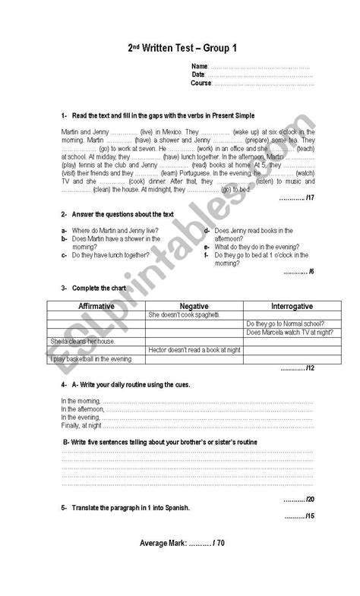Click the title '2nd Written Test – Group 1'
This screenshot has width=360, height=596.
tap(182, 48)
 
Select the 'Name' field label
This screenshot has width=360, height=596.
tap(199, 67)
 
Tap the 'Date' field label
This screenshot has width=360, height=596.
tap(197, 74)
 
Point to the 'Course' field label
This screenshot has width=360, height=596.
tap(201, 83)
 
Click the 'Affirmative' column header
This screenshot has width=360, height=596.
tap(96, 305)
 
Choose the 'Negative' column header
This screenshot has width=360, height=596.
tap(194, 305)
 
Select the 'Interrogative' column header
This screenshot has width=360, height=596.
tap(279, 305)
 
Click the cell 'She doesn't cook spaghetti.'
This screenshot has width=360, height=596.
tap(185, 314)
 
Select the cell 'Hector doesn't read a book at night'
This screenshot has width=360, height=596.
tap(194, 349)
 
